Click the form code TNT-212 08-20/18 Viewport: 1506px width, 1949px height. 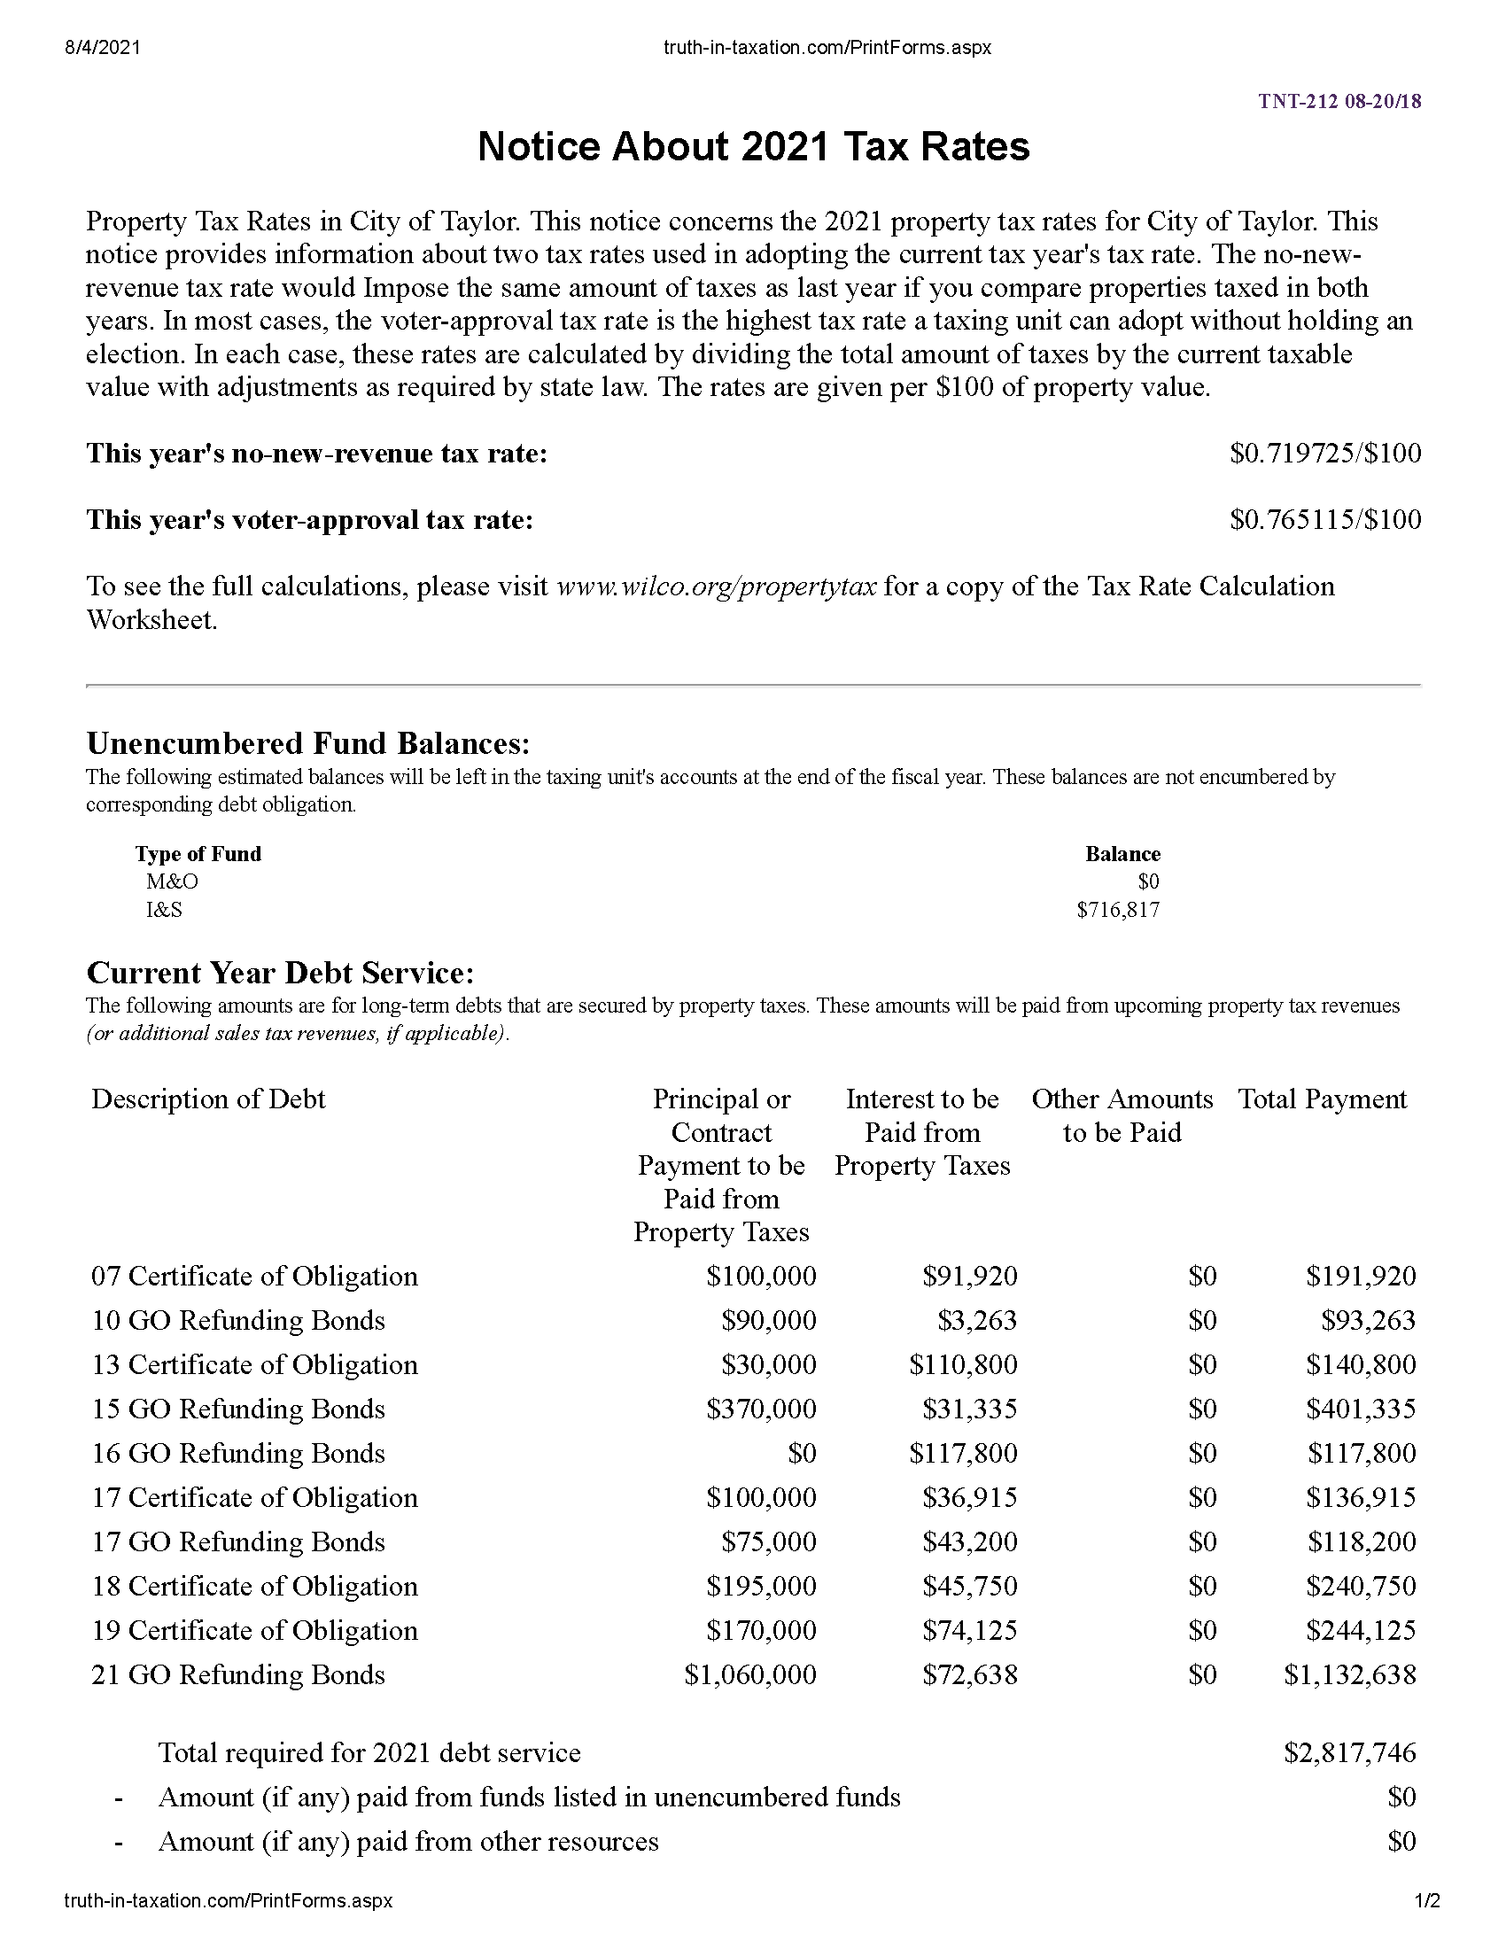coord(1339,101)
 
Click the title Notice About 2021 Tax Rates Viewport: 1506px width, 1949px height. coord(753,146)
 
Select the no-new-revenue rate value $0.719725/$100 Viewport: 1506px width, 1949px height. coord(1325,454)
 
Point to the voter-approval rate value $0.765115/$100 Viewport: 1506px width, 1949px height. coord(1325,519)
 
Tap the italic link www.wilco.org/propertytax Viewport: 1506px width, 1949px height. coord(717,586)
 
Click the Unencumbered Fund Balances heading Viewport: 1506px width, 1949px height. coord(307,742)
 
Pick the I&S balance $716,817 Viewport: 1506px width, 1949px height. coord(1118,909)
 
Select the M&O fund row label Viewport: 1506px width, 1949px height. coord(172,881)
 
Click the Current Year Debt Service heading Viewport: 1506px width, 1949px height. coord(280,972)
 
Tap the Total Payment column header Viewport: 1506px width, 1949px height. coord(1322,1099)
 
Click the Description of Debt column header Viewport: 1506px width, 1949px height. coord(208,1099)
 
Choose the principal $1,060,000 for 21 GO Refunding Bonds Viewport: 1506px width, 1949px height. coord(749,1674)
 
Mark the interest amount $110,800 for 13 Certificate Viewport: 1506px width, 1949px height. coord(963,1364)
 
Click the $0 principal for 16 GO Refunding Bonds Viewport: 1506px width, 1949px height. coord(801,1453)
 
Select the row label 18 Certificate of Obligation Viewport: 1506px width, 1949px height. coord(254,1586)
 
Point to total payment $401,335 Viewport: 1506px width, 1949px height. coord(1361,1409)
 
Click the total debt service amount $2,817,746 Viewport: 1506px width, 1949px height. coord(1349,1752)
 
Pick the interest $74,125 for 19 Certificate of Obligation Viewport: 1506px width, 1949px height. coord(970,1630)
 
